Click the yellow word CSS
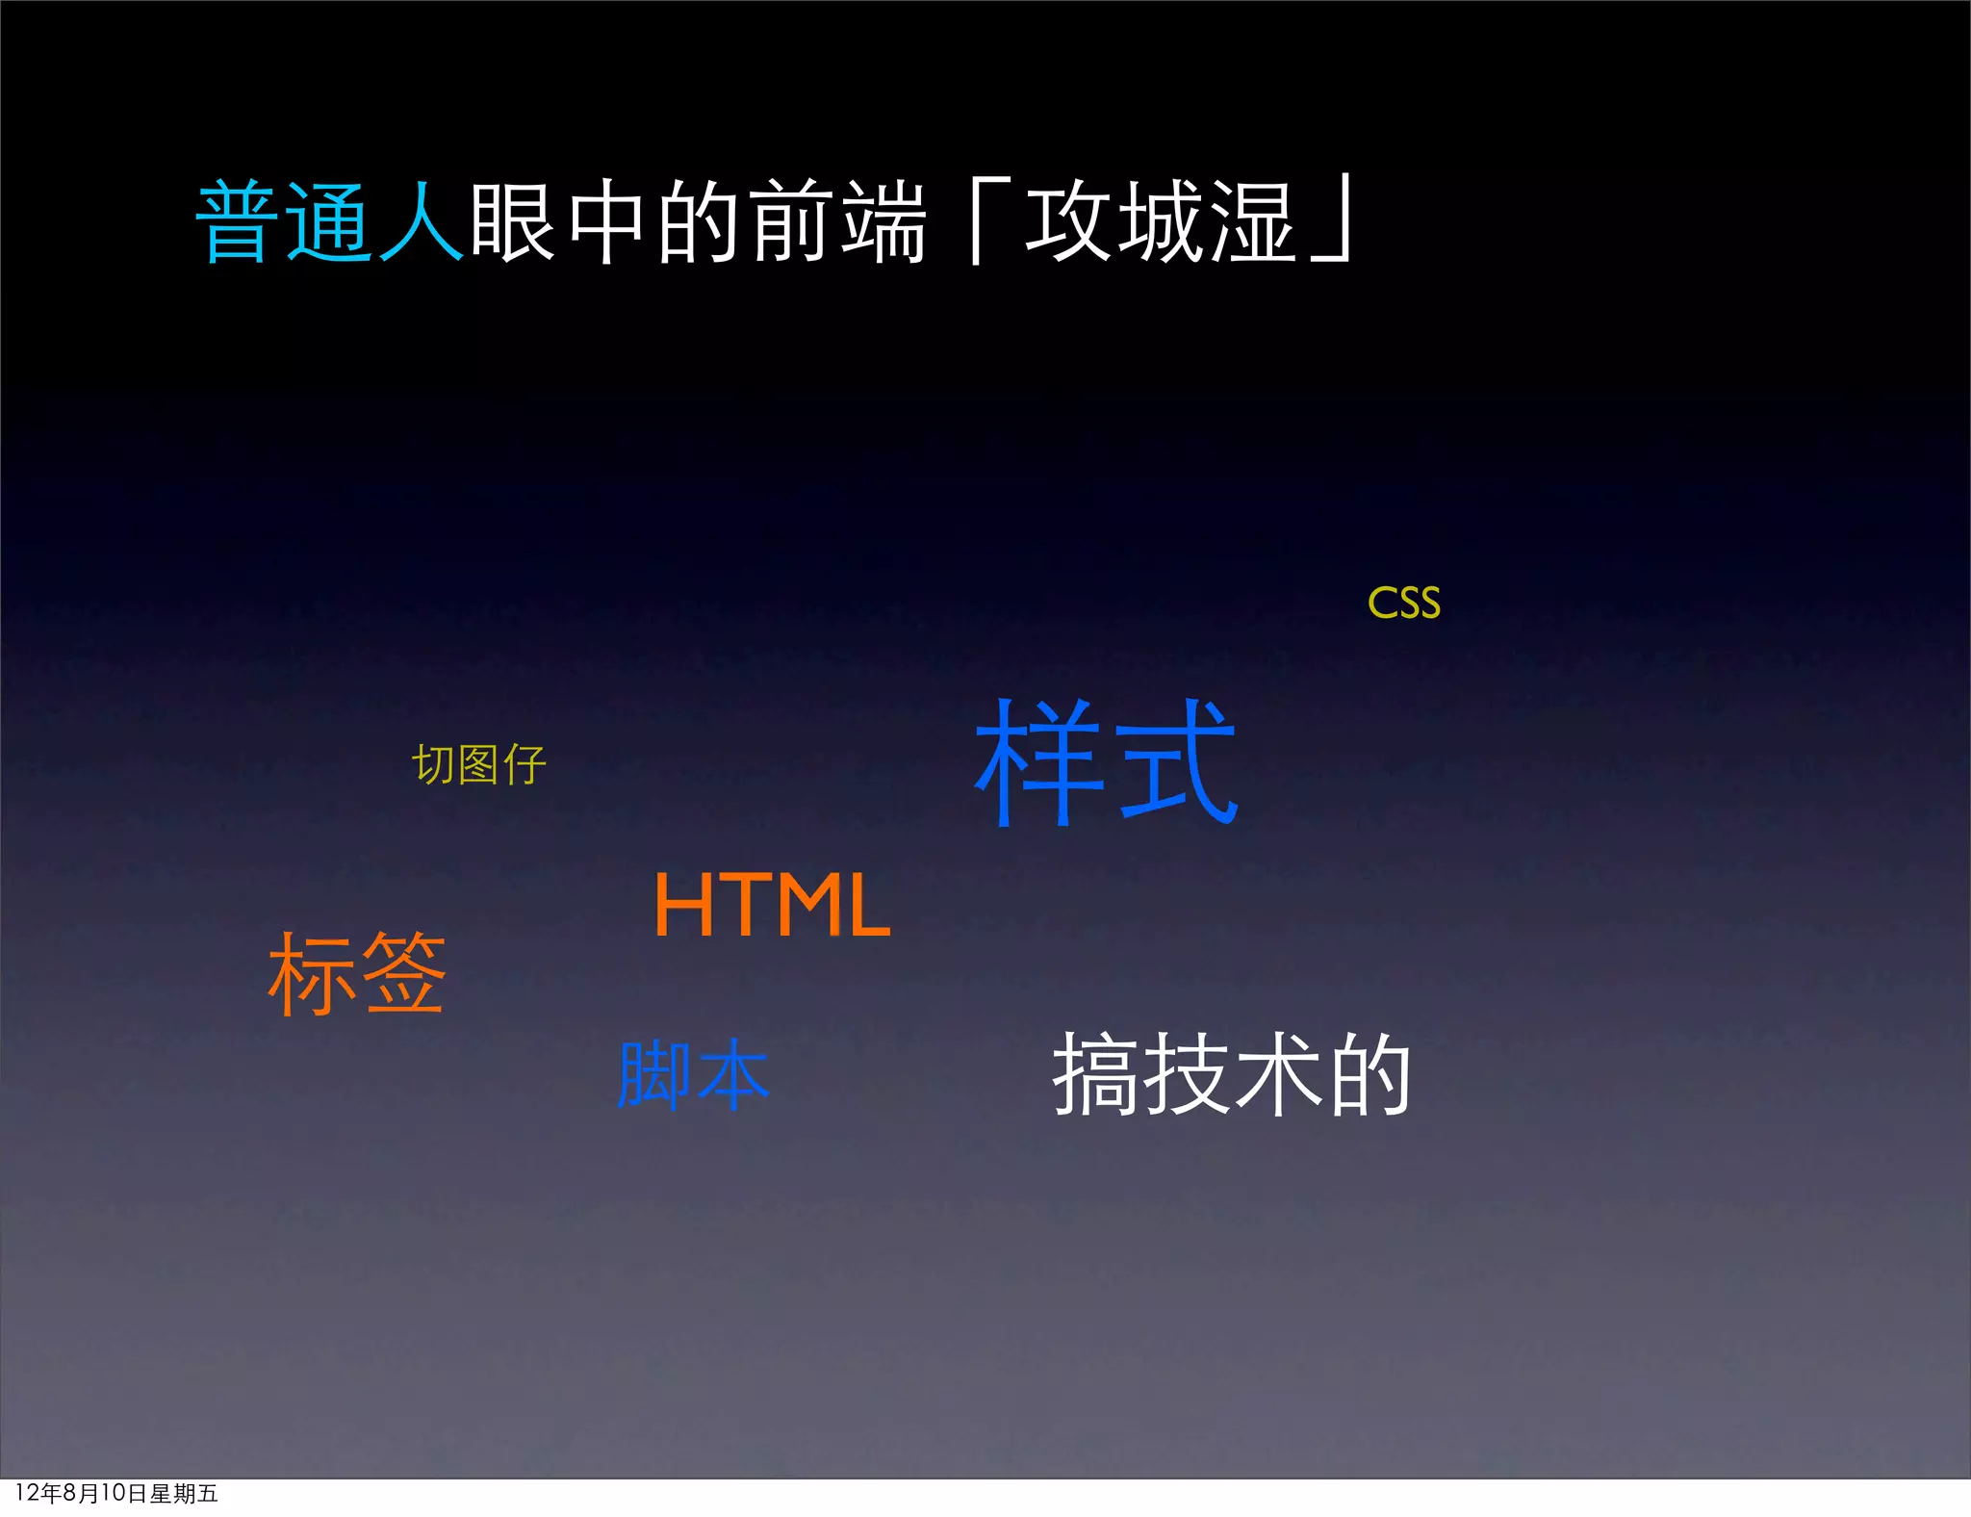[1403, 604]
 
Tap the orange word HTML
[772, 904]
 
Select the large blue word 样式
[1106, 762]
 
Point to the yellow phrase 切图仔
[478, 765]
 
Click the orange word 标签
[357, 973]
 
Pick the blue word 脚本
[693, 1074]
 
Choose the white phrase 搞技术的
[1231, 1074]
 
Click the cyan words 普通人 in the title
[330, 222]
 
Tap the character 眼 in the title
[512, 222]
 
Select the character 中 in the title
[606, 222]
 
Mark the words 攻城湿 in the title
[1160, 222]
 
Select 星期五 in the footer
[184, 1493]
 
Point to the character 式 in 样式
[1179, 762]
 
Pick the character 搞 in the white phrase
[1096, 1074]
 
